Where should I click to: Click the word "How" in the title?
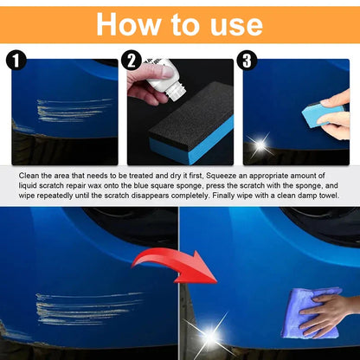click(x=131, y=23)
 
